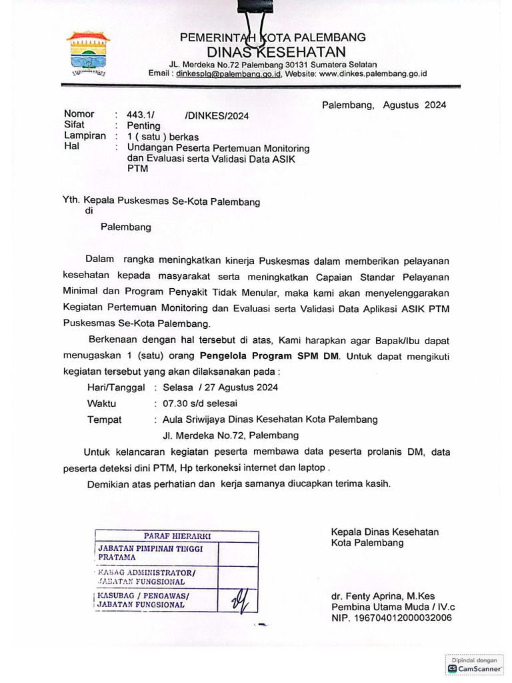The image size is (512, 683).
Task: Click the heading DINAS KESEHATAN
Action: (x=276, y=52)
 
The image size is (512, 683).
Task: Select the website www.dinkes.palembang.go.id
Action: (x=373, y=74)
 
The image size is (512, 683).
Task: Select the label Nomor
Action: (x=79, y=114)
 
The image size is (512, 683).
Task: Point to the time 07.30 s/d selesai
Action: (x=195, y=404)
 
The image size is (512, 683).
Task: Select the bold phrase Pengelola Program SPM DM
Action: (x=270, y=356)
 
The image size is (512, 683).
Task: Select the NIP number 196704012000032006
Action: (x=391, y=618)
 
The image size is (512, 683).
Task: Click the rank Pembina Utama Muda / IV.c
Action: (x=393, y=607)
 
